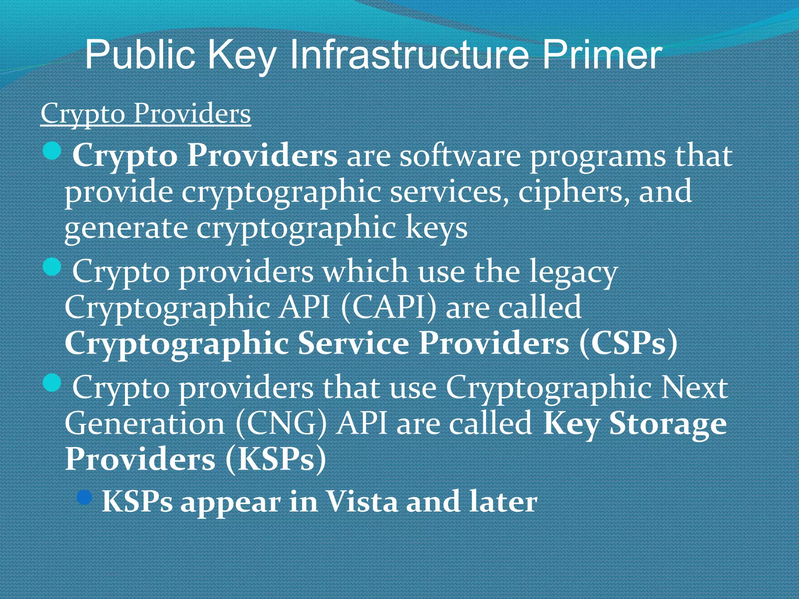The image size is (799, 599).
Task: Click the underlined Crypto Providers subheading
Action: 146,114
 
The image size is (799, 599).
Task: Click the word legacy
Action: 573,272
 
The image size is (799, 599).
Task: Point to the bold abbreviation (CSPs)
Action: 628,344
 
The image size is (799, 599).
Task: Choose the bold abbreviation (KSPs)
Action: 275,459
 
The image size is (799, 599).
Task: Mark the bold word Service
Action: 353,344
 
